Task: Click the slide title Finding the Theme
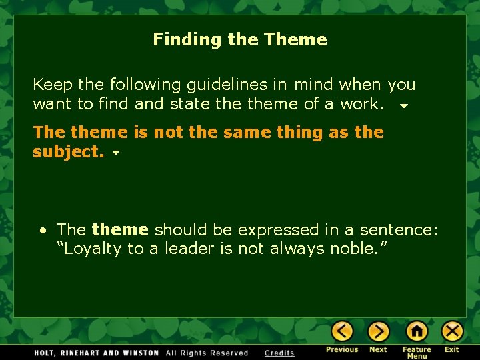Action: click(240, 39)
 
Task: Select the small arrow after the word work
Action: click(403, 106)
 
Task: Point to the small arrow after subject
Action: click(116, 153)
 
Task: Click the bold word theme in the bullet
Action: click(120, 230)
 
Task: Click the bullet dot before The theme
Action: click(43, 231)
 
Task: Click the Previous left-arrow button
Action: click(342, 331)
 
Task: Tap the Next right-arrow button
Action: click(378, 331)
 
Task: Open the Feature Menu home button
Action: click(417, 331)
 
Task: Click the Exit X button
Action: click(452, 331)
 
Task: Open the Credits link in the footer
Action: click(279, 353)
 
